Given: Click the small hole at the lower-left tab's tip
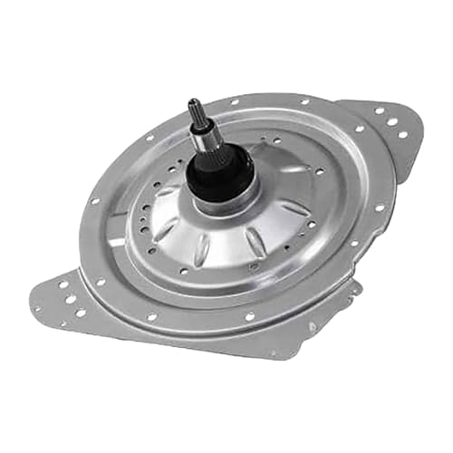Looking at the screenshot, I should (x=37, y=309).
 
